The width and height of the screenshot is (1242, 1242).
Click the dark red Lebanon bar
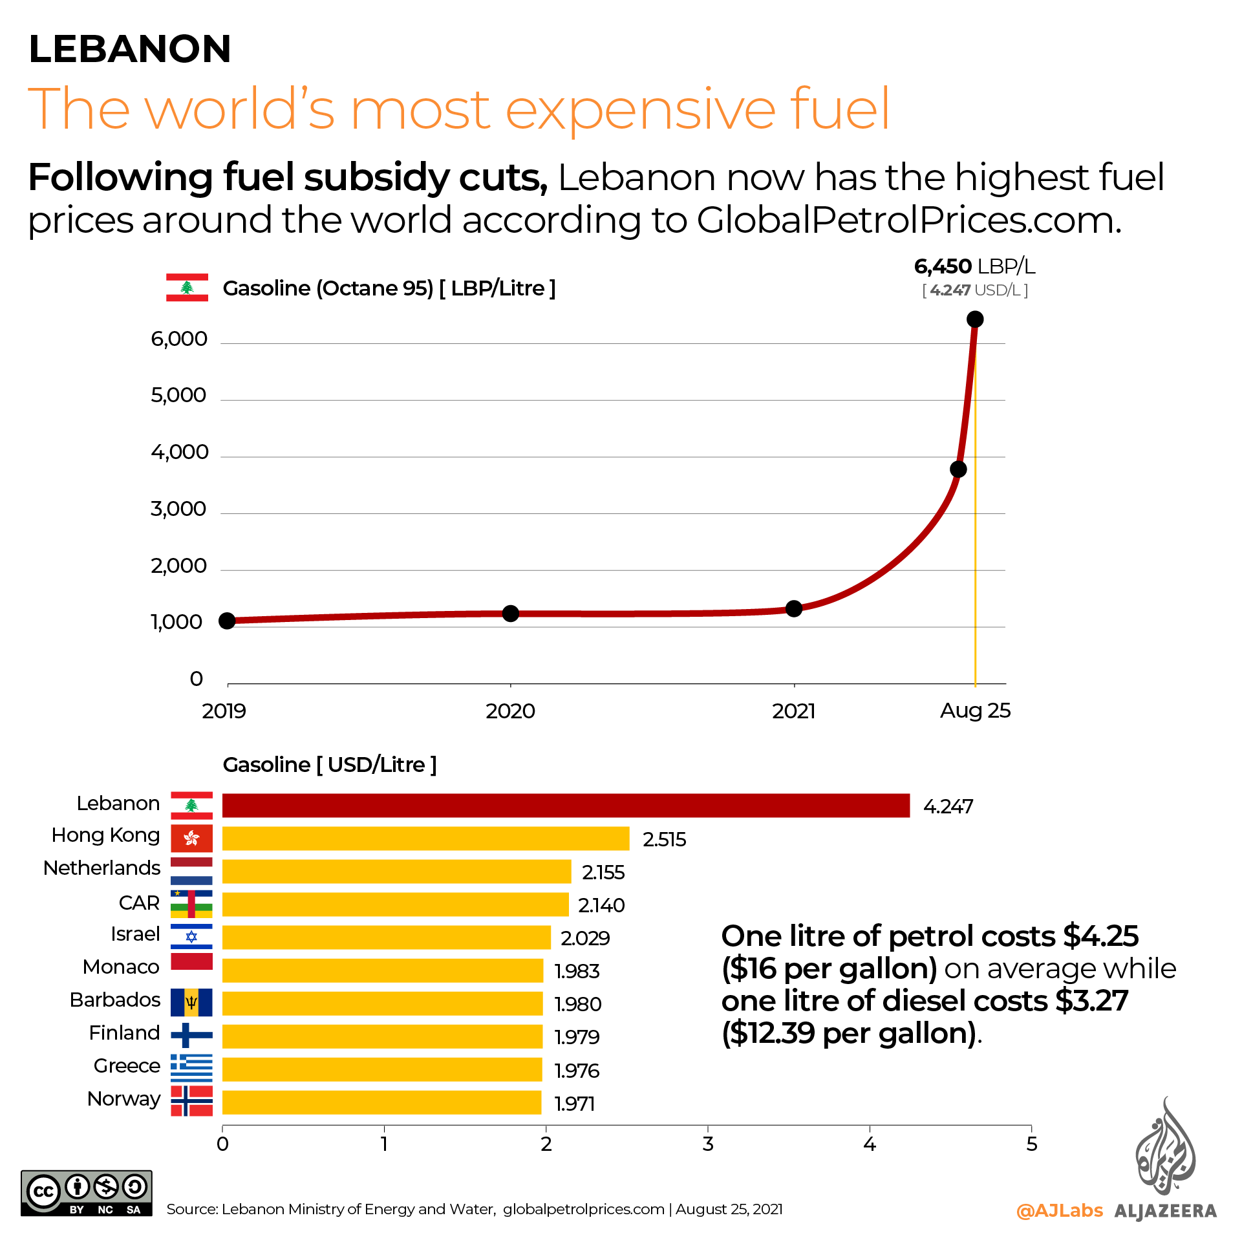point(566,806)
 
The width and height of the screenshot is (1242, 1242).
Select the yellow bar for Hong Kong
point(425,839)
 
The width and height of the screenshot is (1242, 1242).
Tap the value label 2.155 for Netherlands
point(603,872)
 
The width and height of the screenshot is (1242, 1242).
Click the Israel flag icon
point(191,936)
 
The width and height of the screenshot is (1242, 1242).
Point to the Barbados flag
point(191,1002)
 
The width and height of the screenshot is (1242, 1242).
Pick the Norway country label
point(123,1098)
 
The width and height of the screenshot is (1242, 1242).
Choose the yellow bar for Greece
point(381,1069)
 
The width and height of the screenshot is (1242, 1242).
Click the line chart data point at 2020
point(510,614)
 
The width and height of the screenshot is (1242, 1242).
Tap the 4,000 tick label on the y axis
point(180,452)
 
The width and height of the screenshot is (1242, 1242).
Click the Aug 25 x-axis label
point(974,711)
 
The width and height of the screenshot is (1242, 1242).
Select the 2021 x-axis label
point(793,711)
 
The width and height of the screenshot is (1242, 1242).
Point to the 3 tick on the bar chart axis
point(708,1144)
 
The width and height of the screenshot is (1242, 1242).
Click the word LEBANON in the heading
point(130,48)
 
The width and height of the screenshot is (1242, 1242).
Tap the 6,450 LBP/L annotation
point(974,266)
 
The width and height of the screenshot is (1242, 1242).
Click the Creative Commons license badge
point(86,1194)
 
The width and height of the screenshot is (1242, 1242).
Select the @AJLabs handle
point(1059,1210)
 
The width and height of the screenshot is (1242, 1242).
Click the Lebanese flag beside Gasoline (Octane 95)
point(187,288)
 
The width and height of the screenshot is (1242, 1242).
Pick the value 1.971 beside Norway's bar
point(574,1103)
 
